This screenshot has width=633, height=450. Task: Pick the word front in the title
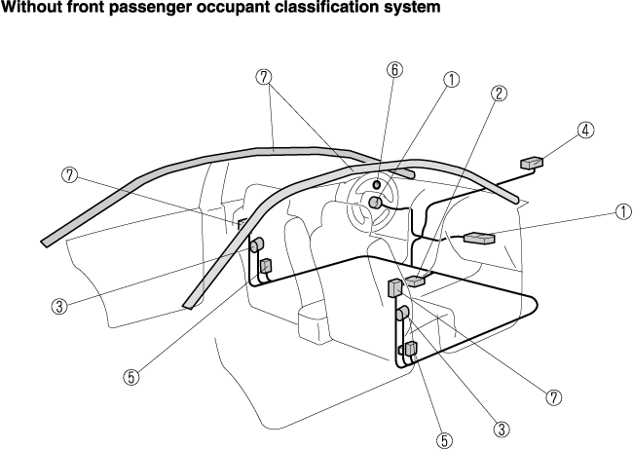pos(82,8)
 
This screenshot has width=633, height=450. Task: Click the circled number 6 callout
pos(394,69)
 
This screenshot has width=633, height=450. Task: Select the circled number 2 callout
pos(499,94)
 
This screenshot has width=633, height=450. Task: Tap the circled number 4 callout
pos(585,130)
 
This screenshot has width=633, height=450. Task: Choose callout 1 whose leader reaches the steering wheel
pos(451,81)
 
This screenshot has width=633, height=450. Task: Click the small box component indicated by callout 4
pos(533,162)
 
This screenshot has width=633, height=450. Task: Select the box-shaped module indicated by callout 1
pos(481,237)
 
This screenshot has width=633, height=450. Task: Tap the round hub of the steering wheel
pos(375,203)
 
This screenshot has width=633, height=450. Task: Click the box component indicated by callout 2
pos(416,281)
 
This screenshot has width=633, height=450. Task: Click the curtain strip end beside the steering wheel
pos(407,172)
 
